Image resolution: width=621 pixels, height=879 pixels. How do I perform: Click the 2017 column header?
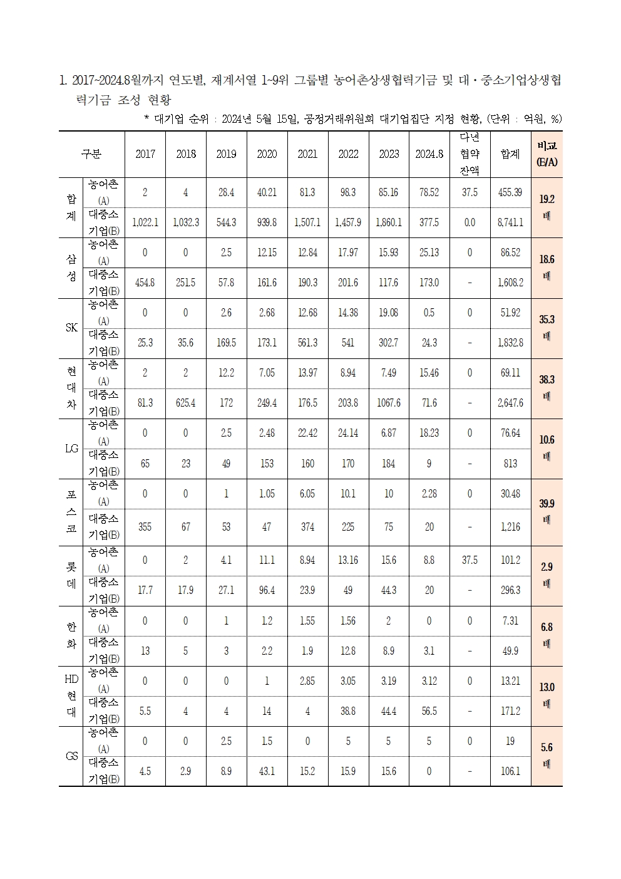[145, 154]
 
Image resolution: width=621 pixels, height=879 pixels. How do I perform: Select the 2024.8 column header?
[429, 154]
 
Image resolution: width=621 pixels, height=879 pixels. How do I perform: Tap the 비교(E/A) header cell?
[547, 153]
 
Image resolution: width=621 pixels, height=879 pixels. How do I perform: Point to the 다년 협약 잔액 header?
[470, 153]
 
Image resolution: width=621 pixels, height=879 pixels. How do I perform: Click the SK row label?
[71, 328]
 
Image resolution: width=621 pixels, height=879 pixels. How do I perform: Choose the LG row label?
[71, 449]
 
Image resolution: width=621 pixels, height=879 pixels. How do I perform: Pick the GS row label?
[71, 756]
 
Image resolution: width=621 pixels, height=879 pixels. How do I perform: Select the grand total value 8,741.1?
[510, 222]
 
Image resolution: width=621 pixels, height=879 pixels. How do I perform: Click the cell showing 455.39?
[510, 192]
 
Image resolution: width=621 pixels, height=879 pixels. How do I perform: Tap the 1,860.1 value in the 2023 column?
[389, 222]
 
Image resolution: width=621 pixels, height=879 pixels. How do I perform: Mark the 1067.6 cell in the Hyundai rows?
[389, 403]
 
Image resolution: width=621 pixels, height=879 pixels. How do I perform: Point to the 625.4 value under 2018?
[186, 403]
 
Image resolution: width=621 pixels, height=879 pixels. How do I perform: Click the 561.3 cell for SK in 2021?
[307, 343]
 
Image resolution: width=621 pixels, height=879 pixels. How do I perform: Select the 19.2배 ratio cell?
[547, 207]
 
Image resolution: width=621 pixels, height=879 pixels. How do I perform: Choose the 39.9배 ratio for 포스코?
[547, 511]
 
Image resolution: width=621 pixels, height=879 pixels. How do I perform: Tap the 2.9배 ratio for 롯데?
[547, 575]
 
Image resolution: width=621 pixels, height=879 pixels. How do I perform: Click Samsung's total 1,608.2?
[510, 283]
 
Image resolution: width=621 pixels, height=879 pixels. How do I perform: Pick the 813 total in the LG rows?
[510, 464]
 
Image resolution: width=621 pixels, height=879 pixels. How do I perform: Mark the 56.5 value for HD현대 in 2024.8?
[429, 711]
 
